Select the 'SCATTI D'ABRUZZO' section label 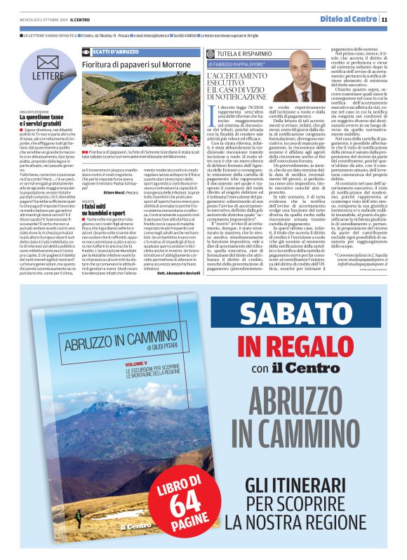[x=115, y=51]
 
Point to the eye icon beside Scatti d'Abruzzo [x=86, y=51]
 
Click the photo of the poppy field [x=140, y=109]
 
